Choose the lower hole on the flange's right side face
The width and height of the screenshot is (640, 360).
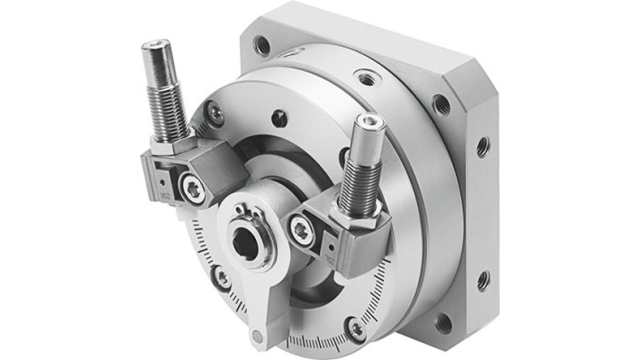[x=481, y=281]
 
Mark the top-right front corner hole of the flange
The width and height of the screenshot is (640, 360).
[x=441, y=103]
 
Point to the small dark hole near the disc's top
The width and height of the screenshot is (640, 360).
[x=280, y=118]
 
